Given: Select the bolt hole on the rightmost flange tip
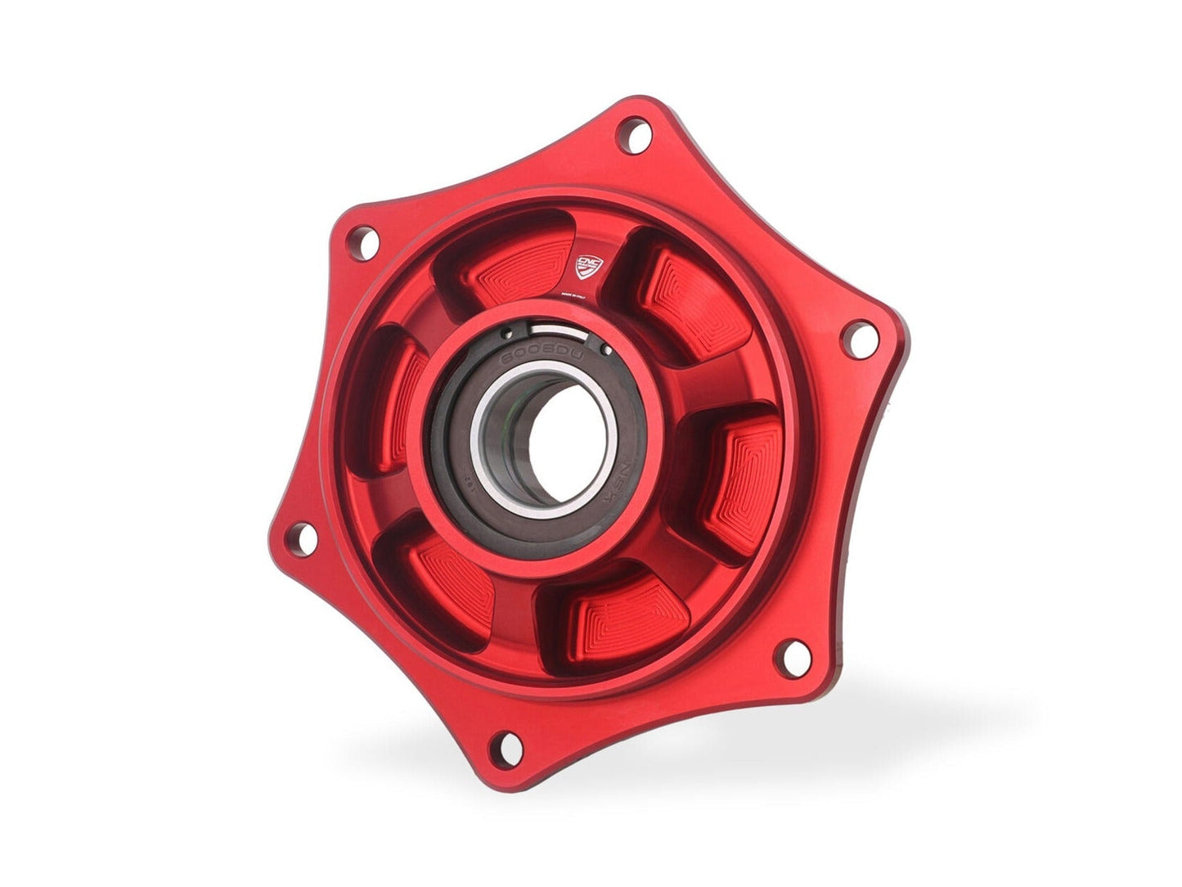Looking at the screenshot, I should pyautogui.click(x=857, y=338).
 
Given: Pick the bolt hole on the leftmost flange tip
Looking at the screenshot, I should pyautogui.click(x=303, y=538).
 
